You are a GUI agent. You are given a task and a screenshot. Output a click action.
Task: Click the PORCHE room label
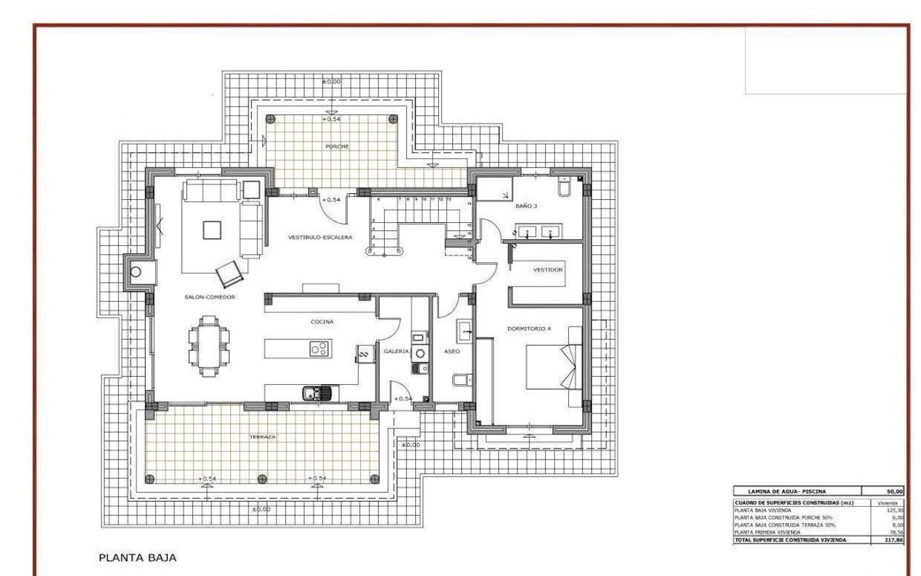click(x=337, y=146)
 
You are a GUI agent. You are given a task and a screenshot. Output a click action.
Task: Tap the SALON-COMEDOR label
click(x=209, y=297)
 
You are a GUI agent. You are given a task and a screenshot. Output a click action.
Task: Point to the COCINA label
click(x=322, y=322)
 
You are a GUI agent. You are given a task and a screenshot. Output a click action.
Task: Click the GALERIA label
click(x=396, y=352)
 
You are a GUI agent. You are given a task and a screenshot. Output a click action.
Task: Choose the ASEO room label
click(x=452, y=352)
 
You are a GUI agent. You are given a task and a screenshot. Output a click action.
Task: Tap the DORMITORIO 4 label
click(x=529, y=329)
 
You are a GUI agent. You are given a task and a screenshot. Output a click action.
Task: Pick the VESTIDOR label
click(x=548, y=269)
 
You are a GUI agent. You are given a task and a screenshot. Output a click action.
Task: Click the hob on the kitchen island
click(x=319, y=349)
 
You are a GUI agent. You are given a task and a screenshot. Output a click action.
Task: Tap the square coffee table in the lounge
click(x=213, y=229)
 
